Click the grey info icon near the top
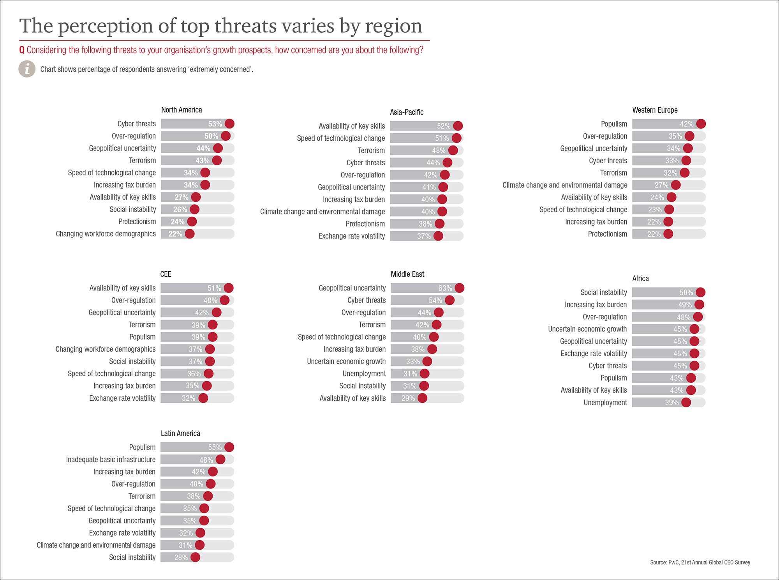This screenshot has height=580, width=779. [x=27, y=69]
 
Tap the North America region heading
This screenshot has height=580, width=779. [x=182, y=110]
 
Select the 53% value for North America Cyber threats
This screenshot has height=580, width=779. [x=215, y=124]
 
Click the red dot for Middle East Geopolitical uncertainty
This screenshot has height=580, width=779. [x=459, y=288]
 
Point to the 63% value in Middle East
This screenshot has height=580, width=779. [x=445, y=288]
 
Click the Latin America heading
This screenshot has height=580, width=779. [x=180, y=433]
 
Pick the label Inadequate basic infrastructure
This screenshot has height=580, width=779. [x=111, y=460]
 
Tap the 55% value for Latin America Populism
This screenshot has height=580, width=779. [x=215, y=447]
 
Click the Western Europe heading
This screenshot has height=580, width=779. [x=655, y=110]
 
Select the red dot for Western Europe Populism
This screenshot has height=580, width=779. [x=701, y=124]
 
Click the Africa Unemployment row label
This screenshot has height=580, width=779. [x=605, y=403]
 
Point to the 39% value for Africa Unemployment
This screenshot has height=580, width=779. [x=671, y=403]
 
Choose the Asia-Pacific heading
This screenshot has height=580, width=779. [x=407, y=112]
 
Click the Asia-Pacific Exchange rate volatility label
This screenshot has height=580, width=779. [x=351, y=236]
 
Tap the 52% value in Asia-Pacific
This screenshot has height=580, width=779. [x=443, y=126]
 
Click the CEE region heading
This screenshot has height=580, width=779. [x=166, y=274]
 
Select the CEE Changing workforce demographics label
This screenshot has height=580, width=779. [x=105, y=349]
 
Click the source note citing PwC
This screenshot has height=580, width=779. [x=700, y=562]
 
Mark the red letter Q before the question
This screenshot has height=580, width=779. [x=22, y=50]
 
